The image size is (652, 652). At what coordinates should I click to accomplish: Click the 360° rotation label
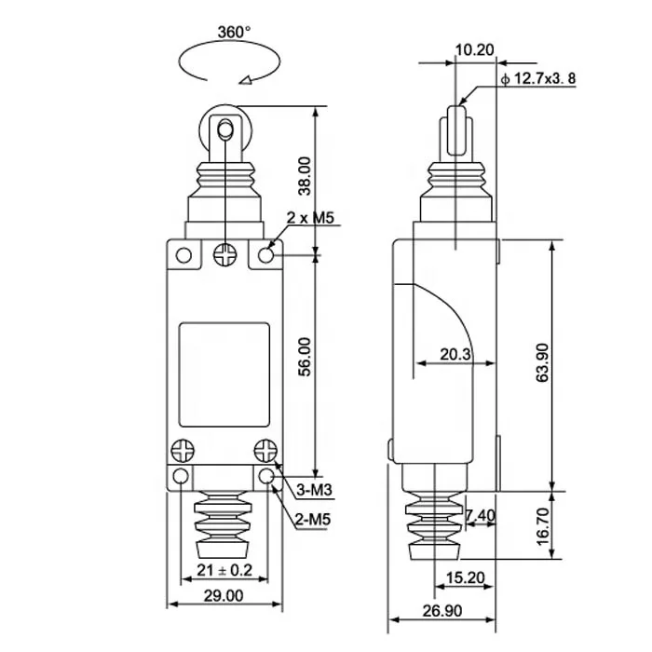234,32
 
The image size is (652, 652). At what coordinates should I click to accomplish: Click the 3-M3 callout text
316,490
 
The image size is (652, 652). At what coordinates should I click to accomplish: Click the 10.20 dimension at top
475,50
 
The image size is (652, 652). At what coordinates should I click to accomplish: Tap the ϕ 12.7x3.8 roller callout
537,79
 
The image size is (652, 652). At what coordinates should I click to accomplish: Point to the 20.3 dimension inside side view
454,353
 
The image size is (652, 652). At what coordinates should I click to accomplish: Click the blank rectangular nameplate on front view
224,371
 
